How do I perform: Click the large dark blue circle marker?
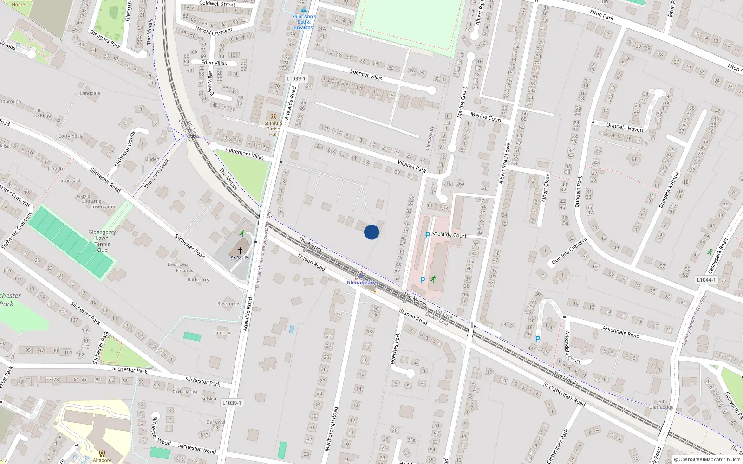(x=371, y=232)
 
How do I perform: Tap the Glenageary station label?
(x=361, y=283)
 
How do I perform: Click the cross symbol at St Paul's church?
(x=240, y=250)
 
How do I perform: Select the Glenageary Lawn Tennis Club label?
(x=102, y=241)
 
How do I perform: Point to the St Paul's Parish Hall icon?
(x=273, y=116)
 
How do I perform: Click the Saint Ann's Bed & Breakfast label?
(x=304, y=22)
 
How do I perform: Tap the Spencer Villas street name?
(x=366, y=74)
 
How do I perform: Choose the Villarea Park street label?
(x=412, y=166)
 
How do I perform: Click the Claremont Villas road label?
(x=245, y=154)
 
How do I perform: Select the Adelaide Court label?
(x=449, y=234)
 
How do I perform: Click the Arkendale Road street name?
(x=620, y=331)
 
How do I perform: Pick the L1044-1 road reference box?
(x=706, y=280)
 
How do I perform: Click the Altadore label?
(x=102, y=460)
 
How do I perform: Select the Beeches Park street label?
(x=395, y=348)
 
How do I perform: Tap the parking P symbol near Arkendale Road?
(x=538, y=339)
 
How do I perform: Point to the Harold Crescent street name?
(x=214, y=31)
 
